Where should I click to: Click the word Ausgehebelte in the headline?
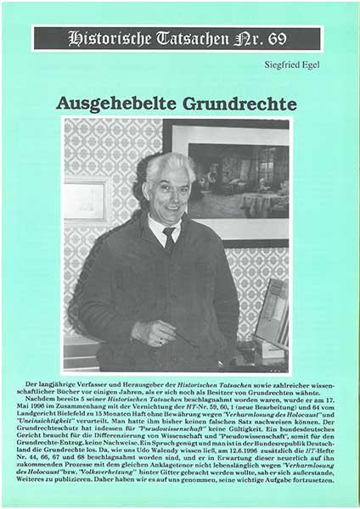coord(111,103)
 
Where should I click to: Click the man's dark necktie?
coord(171,240)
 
